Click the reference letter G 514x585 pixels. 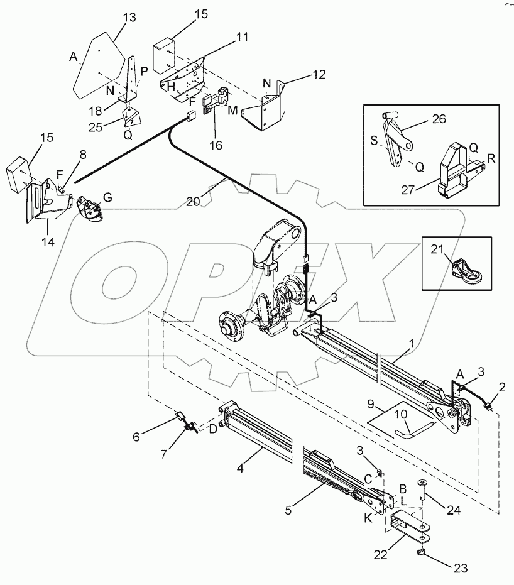[x=107, y=197]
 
